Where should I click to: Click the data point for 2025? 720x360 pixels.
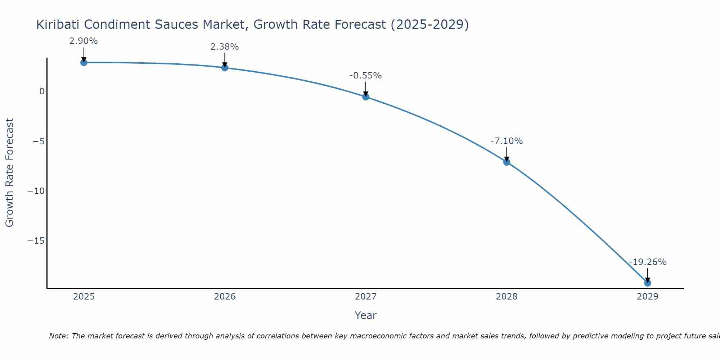point(84,63)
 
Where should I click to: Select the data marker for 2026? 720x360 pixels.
point(225,68)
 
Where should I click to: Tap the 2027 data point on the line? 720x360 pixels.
point(366,97)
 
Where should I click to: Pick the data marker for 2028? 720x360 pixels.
point(507,162)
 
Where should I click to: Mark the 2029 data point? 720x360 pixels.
point(647,283)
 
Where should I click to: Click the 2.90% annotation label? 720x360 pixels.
point(84,41)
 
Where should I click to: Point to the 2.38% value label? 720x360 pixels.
point(225,47)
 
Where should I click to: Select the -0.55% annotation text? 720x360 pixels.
point(365,76)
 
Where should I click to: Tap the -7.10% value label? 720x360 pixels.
point(507,141)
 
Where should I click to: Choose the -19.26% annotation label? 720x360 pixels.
point(648,262)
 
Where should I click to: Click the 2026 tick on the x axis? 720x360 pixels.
point(225,297)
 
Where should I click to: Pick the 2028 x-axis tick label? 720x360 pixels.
point(507,297)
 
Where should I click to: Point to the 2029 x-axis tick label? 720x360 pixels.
point(647,297)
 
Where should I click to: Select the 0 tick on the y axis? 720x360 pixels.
point(42,91)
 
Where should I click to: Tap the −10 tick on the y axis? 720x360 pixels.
point(36,191)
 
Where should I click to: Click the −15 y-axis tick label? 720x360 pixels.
point(36,241)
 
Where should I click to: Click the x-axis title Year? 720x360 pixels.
point(365,315)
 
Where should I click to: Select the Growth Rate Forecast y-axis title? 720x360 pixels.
point(10,173)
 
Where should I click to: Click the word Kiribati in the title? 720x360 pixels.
point(58,24)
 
